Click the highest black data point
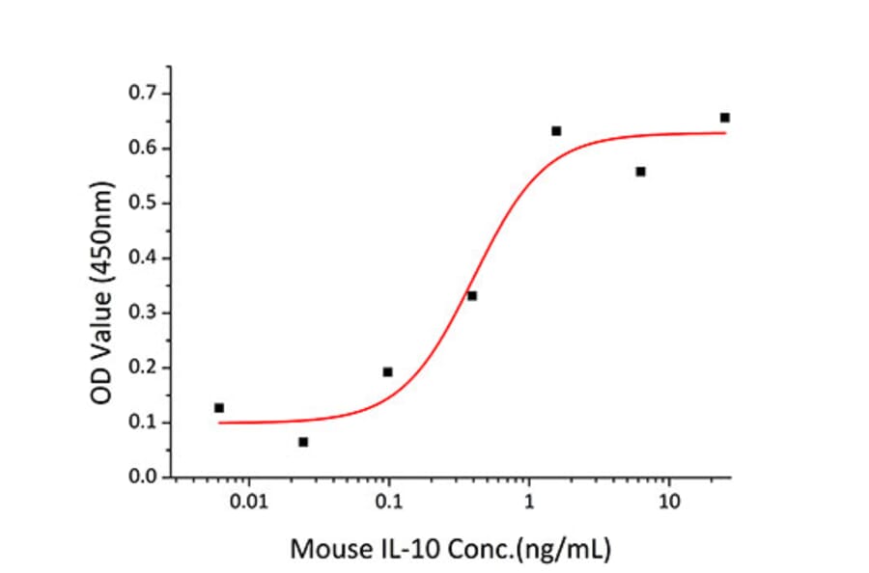pos(724,118)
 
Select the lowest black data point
pos(303,442)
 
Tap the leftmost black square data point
pos(219,408)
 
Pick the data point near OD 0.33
pos(472,295)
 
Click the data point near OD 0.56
pos(640,172)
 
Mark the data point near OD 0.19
pos(387,371)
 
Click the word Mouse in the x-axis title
pos(326,550)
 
